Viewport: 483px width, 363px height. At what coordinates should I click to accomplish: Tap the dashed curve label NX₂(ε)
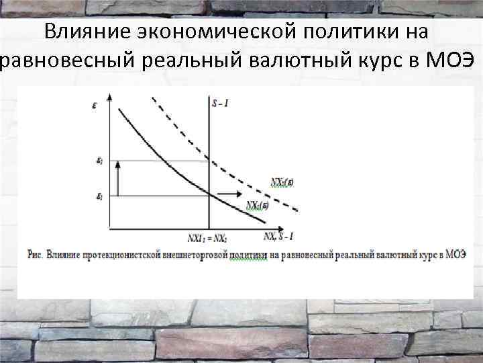tap(282, 181)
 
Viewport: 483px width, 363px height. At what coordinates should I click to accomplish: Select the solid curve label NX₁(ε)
tap(257, 205)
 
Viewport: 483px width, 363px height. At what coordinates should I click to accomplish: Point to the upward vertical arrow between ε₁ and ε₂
tap(118, 178)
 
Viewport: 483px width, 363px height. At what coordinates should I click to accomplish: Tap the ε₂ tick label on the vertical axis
tap(99, 161)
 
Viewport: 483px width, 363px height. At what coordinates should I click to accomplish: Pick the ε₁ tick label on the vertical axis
tap(99, 196)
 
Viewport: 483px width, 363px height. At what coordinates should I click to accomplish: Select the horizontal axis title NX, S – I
tap(278, 236)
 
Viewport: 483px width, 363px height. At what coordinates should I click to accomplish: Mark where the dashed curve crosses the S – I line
tap(210, 159)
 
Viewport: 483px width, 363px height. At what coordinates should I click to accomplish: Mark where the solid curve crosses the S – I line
tap(210, 195)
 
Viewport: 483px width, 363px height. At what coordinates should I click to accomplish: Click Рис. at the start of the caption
tap(36, 255)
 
